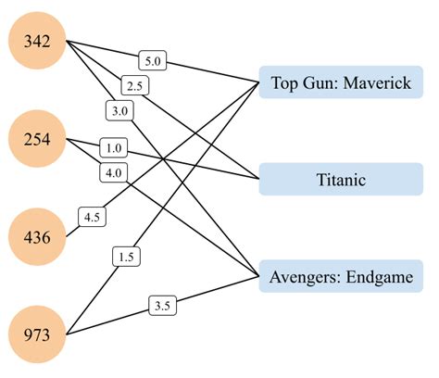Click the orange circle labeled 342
tap(35, 42)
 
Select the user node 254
tap(35, 139)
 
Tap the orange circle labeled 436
tap(35, 236)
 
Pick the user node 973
tap(35, 332)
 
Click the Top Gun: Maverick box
tap(341, 82)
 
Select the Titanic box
tap(341, 179)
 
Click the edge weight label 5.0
tap(154, 62)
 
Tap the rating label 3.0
tap(118, 110)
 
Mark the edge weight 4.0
tap(115, 172)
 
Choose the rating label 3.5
tap(160, 304)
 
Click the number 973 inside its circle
tap(35, 332)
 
